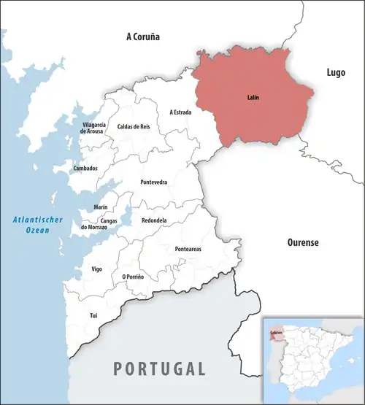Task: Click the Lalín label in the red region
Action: [x=253, y=97]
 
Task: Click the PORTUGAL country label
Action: [x=158, y=369]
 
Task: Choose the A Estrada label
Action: [x=180, y=112]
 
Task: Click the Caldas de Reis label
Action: [x=134, y=127]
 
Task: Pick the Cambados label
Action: [x=85, y=169]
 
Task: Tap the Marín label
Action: [x=101, y=207]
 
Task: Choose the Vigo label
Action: [x=97, y=269]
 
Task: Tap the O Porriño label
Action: [x=133, y=277]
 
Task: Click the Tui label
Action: [x=93, y=315]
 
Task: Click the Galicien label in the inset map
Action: [x=276, y=332]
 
